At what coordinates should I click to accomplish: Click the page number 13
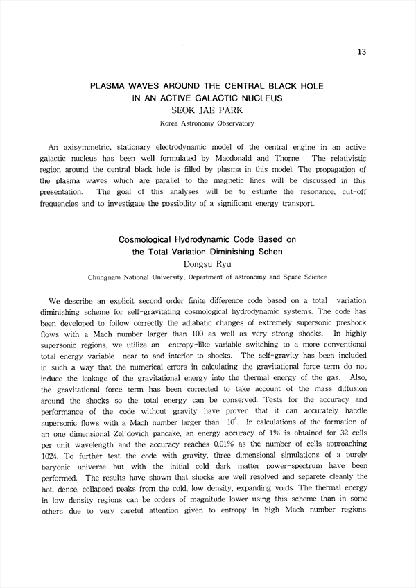click(361, 53)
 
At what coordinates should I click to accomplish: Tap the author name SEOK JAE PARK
click(207, 110)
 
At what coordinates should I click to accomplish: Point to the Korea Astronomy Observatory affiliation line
click(207, 123)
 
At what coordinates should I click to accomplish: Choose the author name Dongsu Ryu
click(207, 263)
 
